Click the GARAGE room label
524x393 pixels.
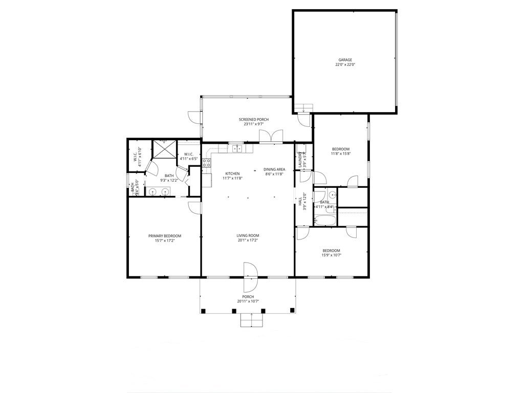[345, 60]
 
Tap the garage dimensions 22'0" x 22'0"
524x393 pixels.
[345, 65]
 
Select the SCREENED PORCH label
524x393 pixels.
[253, 119]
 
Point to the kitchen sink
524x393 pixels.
[237, 149]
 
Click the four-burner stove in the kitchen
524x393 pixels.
[207, 163]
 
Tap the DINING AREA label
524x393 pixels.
[274, 169]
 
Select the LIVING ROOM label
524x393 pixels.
[248, 235]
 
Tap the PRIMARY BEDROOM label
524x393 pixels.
[165, 236]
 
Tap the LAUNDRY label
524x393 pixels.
[300, 161]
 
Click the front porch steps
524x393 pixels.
[251, 320]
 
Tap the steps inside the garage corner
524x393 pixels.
[304, 107]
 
